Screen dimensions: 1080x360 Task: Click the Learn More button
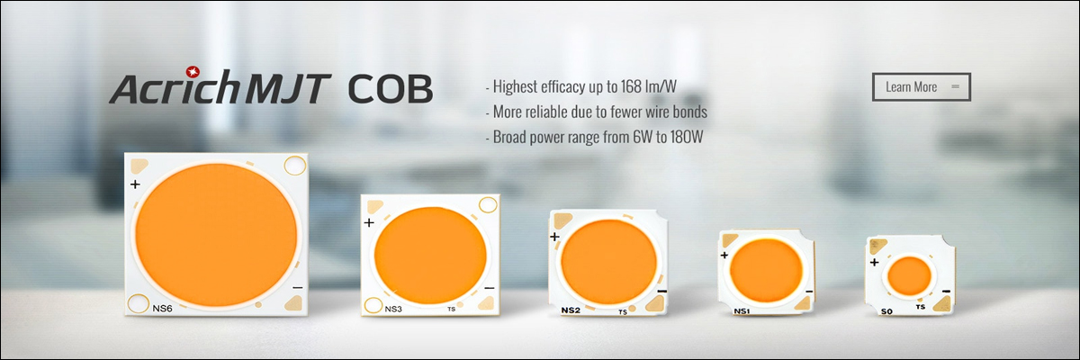[x=922, y=86]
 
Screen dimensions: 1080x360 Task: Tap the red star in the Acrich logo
[x=193, y=71]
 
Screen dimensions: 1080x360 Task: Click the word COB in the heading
[x=390, y=89]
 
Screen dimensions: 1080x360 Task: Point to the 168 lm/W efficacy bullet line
[x=581, y=86]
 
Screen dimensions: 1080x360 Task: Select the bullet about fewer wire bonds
[x=597, y=112]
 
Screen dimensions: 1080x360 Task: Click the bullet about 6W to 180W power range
[x=594, y=137]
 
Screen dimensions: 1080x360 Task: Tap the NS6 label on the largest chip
[x=163, y=309]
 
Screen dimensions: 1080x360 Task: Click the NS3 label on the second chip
[x=393, y=309]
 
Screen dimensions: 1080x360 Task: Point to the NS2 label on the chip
[x=571, y=310]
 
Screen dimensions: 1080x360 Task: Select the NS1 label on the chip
[x=742, y=311]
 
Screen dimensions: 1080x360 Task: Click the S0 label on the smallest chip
[x=886, y=311]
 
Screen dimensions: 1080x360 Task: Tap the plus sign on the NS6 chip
[x=135, y=184]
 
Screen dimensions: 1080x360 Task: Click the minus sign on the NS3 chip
[x=490, y=288]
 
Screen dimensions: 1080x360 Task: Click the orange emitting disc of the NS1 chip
[x=766, y=270]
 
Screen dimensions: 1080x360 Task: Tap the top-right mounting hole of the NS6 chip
[x=295, y=166]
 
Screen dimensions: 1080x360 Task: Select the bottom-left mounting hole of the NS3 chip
[x=373, y=305]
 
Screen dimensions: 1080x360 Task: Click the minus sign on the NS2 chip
[x=662, y=291]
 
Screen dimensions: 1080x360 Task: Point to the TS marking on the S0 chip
[x=921, y=307]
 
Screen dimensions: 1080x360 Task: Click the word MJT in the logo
[x=288, y=89]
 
